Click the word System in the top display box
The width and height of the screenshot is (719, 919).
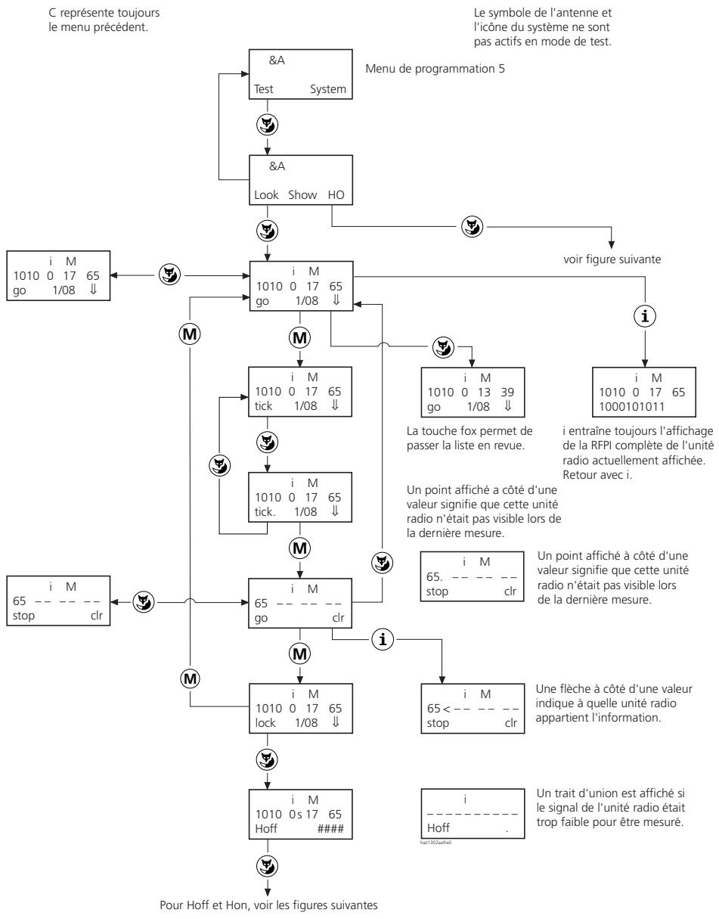[327, 89]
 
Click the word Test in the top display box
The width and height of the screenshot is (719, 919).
[263, 89]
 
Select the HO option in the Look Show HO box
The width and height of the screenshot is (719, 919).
[336, 195]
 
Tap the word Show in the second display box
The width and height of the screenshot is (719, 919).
[302, 195]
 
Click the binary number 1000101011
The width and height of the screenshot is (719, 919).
[631, 407]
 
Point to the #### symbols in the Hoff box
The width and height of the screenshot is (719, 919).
[330, 828]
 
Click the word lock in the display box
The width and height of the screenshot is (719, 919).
[265, 723]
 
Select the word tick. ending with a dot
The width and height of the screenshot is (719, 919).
[265, 512]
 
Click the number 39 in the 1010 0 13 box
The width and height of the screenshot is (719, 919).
[507, 393]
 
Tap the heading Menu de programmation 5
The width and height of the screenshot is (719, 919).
[435, 69]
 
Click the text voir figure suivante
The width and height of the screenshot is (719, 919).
[612, 259]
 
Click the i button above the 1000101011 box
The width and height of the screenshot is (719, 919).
[645, 316]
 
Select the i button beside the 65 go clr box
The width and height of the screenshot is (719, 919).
[383, 639]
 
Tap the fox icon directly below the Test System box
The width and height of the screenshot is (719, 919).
[267, 126]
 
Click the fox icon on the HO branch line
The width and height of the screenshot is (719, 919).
[472, 227]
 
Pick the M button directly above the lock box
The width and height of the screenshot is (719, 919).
[299, 654]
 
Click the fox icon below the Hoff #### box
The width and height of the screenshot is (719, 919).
[267, 866]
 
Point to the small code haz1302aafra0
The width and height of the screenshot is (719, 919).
[435, 843]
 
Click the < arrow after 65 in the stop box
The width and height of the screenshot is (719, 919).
[446, 709]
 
